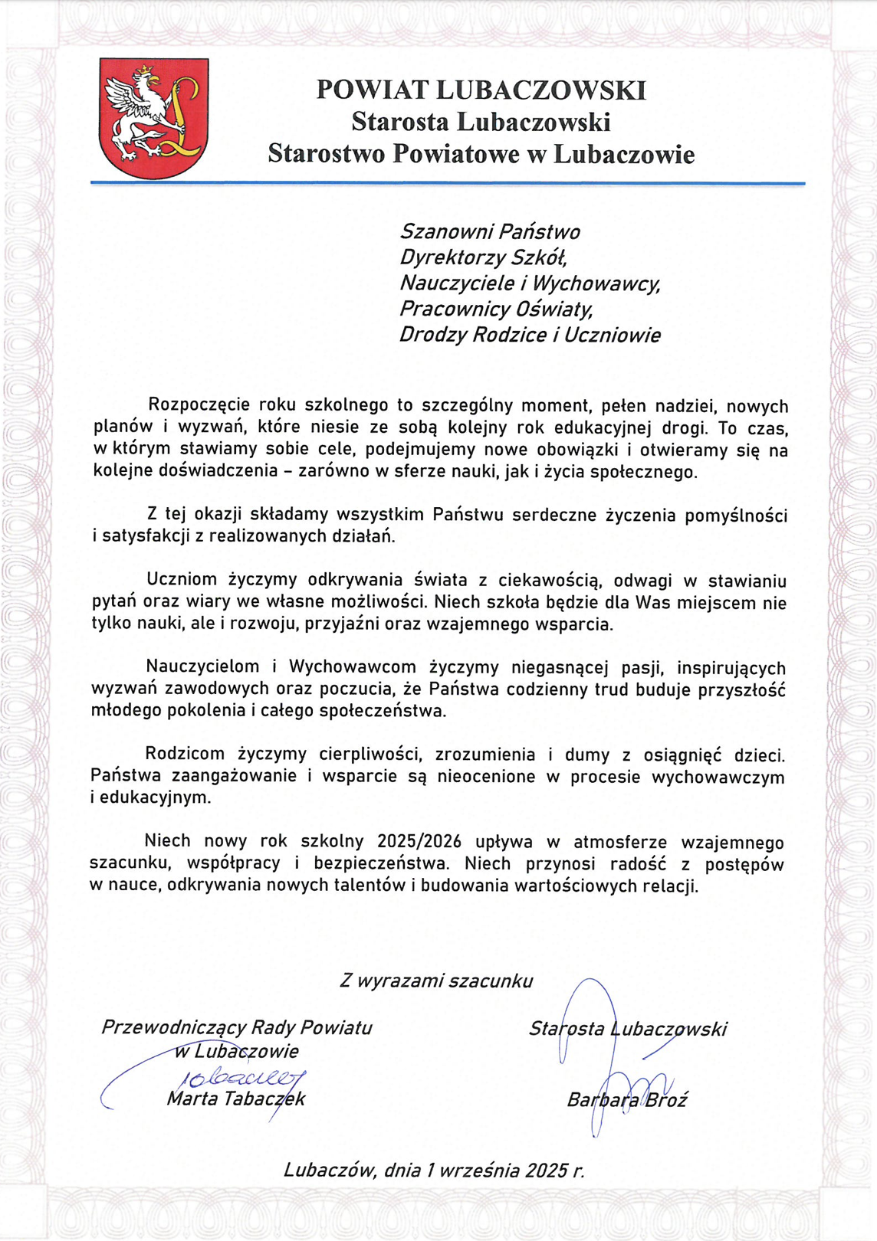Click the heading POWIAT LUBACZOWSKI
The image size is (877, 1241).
coord(481,90)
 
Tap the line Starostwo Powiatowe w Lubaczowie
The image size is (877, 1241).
coord(481,154)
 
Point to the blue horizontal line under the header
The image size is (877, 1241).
coord(448,184)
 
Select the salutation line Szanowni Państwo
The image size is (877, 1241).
coord(490,231)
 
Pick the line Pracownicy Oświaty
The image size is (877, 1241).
coord(496,309)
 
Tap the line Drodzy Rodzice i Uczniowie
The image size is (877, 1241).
coord(530,335)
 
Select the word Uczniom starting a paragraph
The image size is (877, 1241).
coord(182,581)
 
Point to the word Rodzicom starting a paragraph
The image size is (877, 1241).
coord(185,755)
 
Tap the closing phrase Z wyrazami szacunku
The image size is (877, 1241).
coord(436,981)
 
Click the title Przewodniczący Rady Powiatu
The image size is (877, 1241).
coord(236,1027)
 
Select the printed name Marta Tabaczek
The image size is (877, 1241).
coord(236,1099)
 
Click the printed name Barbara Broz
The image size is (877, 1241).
coord(626,1100)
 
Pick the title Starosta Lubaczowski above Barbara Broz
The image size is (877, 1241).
coord(627,1029)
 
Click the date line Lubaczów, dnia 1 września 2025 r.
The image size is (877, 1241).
coord(434,1170)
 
